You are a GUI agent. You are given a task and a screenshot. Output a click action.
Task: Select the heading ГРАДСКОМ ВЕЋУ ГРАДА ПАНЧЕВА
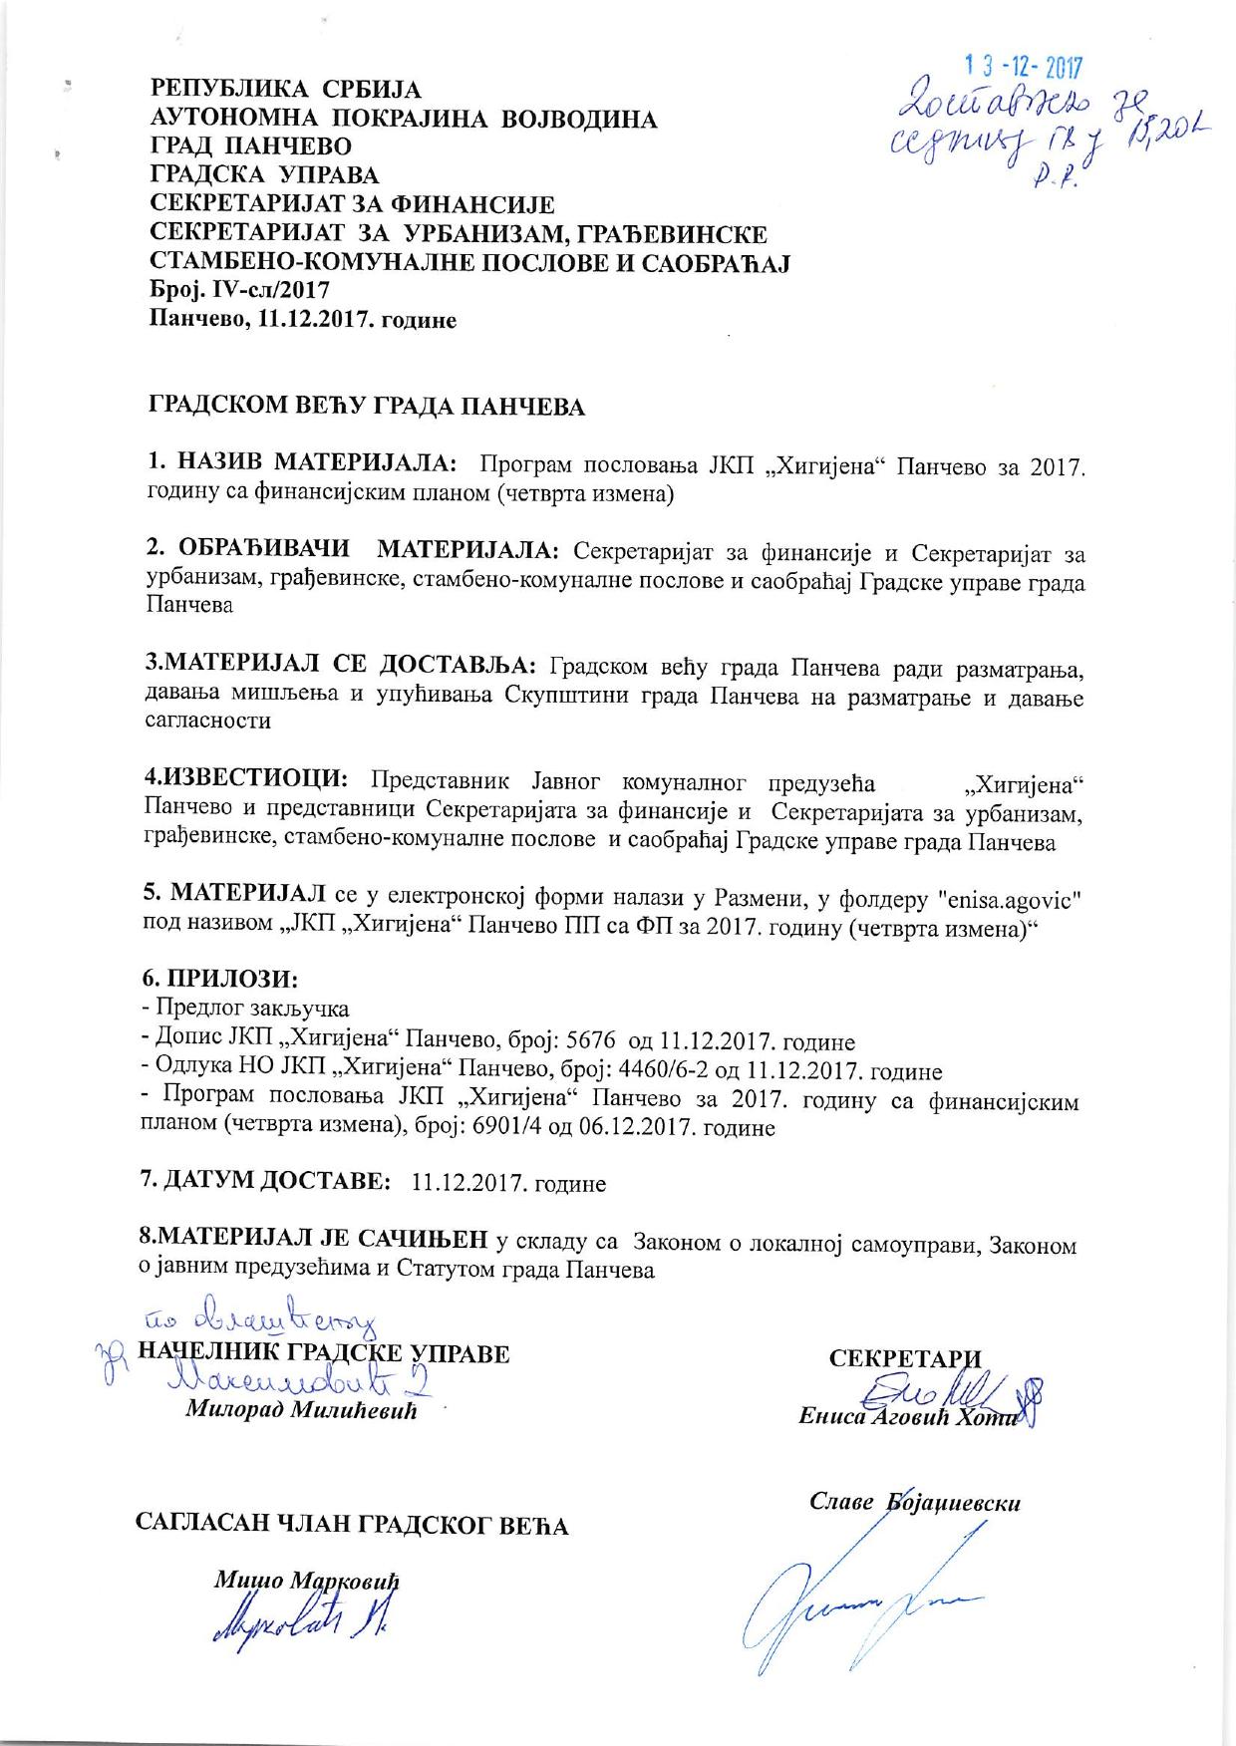pyautogui.click(x=367, y=407)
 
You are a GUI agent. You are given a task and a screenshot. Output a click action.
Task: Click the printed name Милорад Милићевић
pyautogui.click(x=300, y=1412)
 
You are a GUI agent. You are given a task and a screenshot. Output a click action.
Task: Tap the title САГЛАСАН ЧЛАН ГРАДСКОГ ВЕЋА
pyautogui.click(x=352, y=1525)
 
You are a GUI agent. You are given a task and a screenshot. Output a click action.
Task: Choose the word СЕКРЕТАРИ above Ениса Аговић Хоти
pyautogui.click(x=905, y=1358)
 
